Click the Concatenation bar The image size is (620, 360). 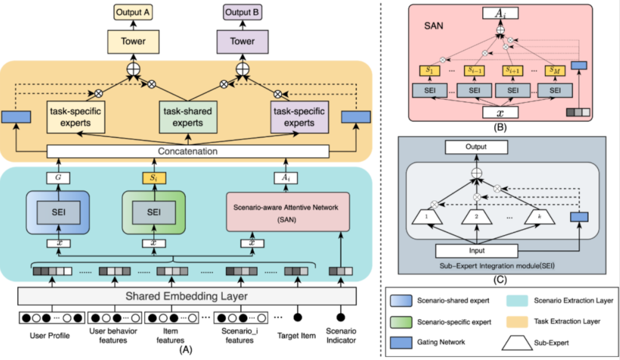point(187,152)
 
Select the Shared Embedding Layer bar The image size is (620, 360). point(187,296)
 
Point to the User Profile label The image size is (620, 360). point(51,335)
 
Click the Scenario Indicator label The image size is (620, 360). point(340,335)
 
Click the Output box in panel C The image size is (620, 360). point(476,147)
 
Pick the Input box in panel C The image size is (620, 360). point(476,251)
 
